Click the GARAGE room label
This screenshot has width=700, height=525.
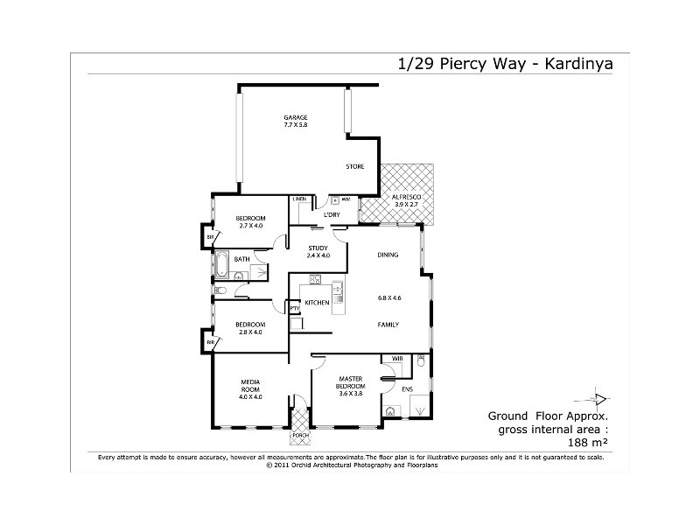tap(295, 118)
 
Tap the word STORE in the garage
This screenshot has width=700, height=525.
tap(354, 166)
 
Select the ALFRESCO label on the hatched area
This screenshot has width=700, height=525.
tap(405, 197)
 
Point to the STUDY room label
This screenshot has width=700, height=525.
tap(318, 248)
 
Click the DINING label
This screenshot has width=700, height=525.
tap(388, 255)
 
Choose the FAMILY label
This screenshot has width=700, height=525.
tap(388, 325)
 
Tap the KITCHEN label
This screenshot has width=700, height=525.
tap(317, 303)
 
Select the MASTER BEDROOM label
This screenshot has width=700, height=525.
tap(350, 381)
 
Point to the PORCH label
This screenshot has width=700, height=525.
tap(301, 435)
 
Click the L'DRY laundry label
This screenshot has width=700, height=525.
tap(332, 214)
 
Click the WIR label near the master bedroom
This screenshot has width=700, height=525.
tap(396, 359)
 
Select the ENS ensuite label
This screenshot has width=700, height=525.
tap(407, 390)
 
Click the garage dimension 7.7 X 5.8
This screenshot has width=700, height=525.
tap(295, 126)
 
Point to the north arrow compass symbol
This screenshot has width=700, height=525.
tap(599, 395)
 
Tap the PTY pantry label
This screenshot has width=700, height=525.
tap(295, 308)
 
